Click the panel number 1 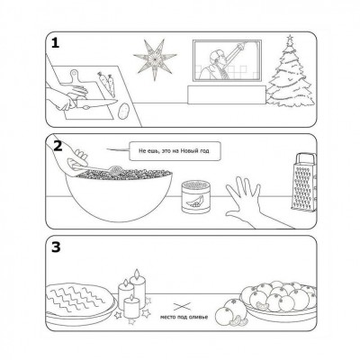55,43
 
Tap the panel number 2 58,146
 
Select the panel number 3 56,247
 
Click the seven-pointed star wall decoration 155,58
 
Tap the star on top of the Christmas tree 290,38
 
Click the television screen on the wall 227,61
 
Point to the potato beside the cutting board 122,112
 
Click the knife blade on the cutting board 97,103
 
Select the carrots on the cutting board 106,84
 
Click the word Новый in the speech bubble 185,151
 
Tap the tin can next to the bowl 195,197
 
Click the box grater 304,183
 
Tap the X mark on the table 182,307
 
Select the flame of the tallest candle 137,274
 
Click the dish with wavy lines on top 80,302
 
